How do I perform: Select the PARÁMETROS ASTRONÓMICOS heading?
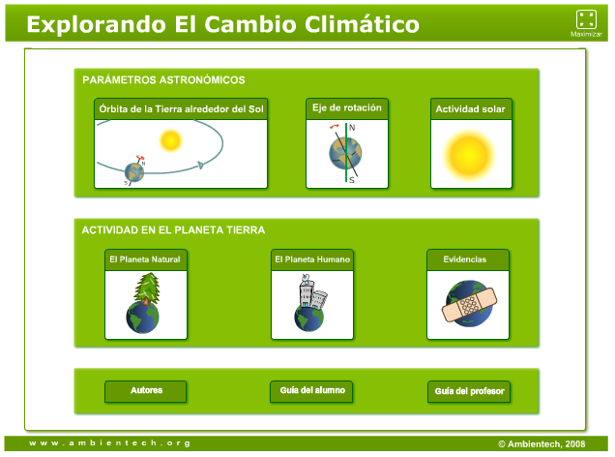pyautogui.click(x=163, y=80)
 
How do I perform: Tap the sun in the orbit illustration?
pyautogui.click(x=171, y=141)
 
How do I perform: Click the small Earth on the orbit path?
pyautogui.click(x=134, y=171)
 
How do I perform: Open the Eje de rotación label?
pyautogui.click(x=346, y=108)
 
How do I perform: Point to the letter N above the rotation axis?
pyautogui.click(x=352, y=128)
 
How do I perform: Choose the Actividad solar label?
pyautogui.click(x=470, y=109)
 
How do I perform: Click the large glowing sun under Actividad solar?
pyautogui.click(x=469, y=153)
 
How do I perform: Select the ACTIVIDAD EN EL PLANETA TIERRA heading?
pyautogui.click(x=173, y=230)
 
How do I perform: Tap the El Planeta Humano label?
pyautogui.click(x=312, y=259)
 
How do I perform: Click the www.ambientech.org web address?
pyautogui.click(x=109, y=443)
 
